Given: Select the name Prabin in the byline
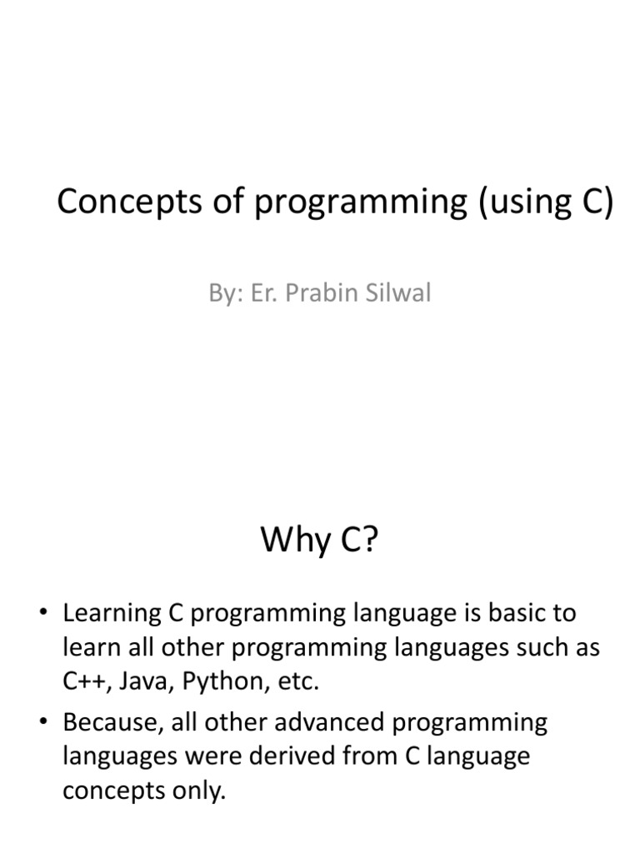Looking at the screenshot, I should (x=321, y=294).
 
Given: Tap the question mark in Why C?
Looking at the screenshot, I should (x=369, y=541).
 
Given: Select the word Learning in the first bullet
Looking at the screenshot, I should (x=112, y=614).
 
